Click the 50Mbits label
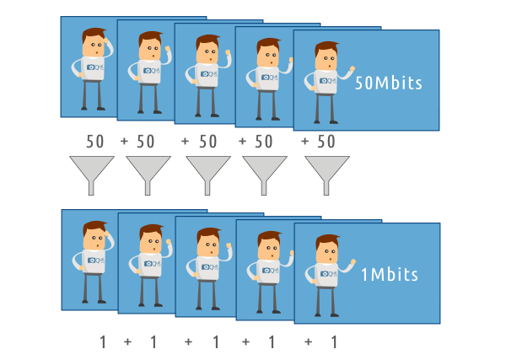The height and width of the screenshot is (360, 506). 388,83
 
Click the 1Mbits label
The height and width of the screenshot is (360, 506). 389,275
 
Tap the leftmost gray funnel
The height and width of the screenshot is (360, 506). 89,172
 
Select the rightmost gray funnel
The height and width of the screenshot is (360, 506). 326,172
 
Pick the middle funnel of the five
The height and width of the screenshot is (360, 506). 207,172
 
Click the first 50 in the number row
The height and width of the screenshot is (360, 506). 94,141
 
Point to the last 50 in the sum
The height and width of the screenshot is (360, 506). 326,141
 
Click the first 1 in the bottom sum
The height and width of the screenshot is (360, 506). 103,341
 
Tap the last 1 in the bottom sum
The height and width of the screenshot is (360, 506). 332,341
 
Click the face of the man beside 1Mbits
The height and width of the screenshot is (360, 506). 326,251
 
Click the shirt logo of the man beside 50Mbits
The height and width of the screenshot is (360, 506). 324,82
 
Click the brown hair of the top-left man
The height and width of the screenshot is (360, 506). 94,35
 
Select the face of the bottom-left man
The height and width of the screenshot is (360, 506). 94,237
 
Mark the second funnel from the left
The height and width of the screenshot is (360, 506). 148,172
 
